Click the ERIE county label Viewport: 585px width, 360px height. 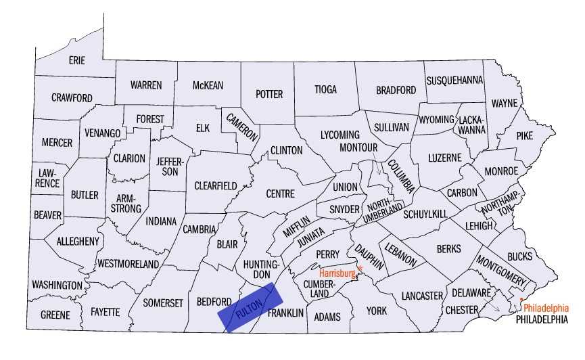tap(77, 60)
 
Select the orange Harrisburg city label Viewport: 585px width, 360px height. tap(337, 273)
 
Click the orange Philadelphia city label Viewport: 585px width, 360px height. tap(546, 307)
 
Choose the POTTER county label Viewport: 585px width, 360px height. tap(268, 94)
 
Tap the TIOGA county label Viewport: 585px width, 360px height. tap(326, 89)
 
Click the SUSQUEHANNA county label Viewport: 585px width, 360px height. tap(454, 80)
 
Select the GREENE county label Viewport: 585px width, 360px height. tap(55, 315)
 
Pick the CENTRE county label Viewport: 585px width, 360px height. tap(280, 194)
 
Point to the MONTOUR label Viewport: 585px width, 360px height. tap(358, 147)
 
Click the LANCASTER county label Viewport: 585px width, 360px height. tap(421, 296)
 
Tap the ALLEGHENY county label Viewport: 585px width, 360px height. tap(78, 241)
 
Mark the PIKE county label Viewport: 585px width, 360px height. tap(525, 135)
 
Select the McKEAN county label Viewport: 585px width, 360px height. tap(208, 85)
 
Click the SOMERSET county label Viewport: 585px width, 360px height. tap(163, 303)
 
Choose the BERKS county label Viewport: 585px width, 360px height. tap(448, 249)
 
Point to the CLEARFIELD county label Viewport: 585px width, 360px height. tap(216, 185)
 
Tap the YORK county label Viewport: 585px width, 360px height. tap(376, 311)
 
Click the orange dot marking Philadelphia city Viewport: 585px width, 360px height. tap(521, 299)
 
